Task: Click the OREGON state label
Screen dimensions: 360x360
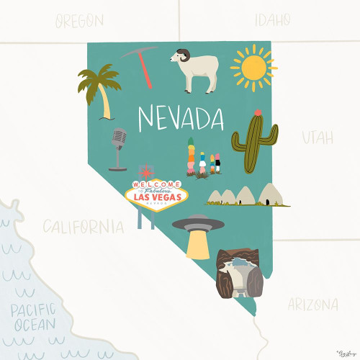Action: point(79,21)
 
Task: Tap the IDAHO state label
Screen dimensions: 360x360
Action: point(266,19)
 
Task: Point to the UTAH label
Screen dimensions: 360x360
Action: point(318,137)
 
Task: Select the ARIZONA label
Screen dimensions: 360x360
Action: point(312,304)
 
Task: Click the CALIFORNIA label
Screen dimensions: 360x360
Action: point(82,228)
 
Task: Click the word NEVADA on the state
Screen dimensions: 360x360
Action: point(181,117)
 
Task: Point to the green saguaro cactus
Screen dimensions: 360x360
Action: point(254,143)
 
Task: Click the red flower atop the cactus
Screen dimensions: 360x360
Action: point(257,112)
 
